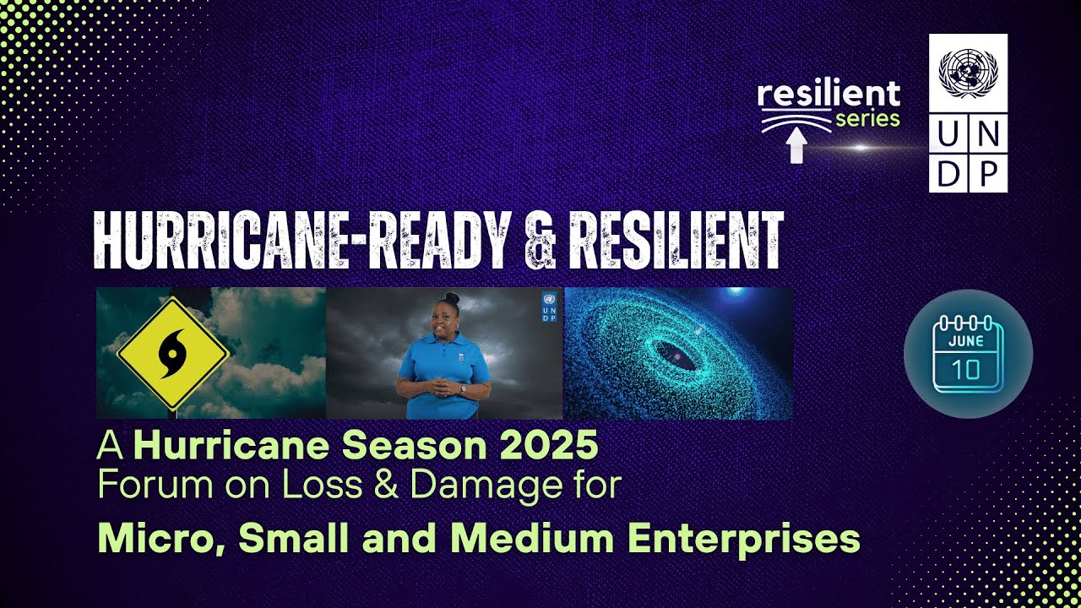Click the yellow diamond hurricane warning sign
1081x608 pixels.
click(x=173, y=353)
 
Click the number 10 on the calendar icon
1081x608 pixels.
click(x=967, y=370)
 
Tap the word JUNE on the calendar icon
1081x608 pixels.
click(x=966, y=342)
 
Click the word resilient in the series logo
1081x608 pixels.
click(x=828, y=95)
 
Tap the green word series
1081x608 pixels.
click(x=867, y=119)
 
